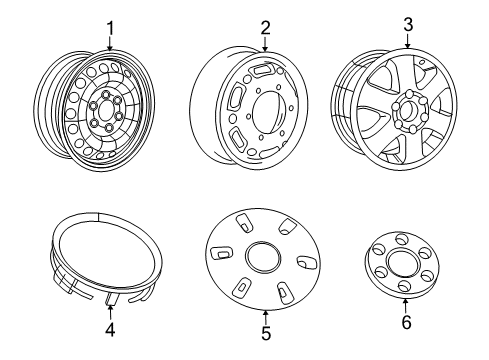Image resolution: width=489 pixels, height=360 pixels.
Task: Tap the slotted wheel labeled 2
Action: point(249,110)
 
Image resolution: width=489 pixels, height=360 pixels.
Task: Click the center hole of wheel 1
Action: point(104,109)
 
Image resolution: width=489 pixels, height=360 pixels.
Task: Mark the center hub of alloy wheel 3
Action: point(410,107)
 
